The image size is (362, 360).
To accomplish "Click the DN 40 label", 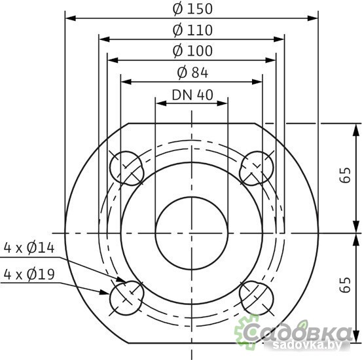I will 192,94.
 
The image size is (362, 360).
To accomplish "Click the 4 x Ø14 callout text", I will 29,248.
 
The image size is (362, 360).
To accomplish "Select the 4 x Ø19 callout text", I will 29,273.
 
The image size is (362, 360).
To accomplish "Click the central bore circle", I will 191,232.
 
